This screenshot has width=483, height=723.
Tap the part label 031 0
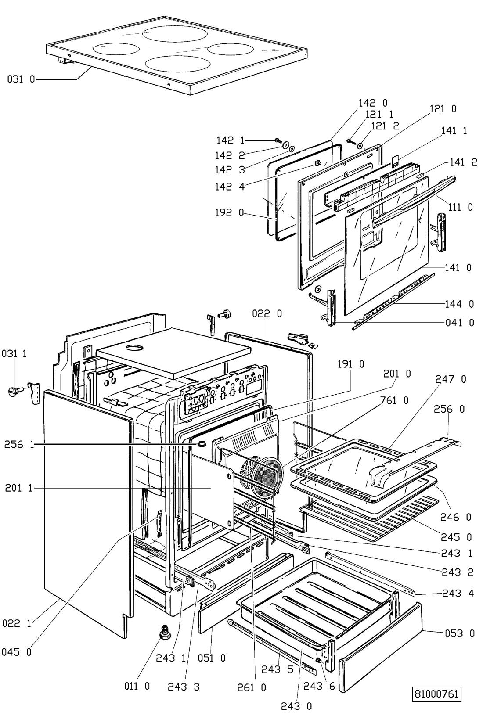point(21,79)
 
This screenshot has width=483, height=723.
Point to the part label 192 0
point(230,212)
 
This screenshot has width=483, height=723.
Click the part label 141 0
point(458,268)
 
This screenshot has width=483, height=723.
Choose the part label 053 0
point(460,633)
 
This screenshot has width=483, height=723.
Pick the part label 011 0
point(137,686)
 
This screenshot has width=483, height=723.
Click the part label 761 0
point(394,400)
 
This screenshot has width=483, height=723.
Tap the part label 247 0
point(451,379)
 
